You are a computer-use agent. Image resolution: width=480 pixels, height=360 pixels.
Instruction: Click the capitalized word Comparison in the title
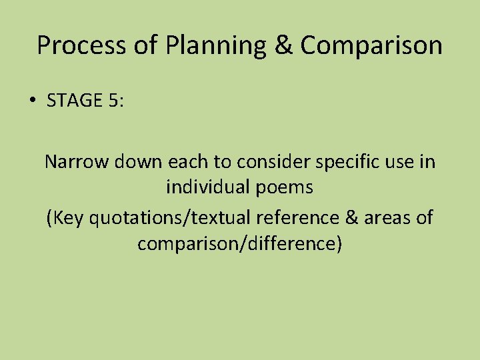371,46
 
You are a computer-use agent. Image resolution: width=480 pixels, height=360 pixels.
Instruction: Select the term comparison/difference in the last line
239,244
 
